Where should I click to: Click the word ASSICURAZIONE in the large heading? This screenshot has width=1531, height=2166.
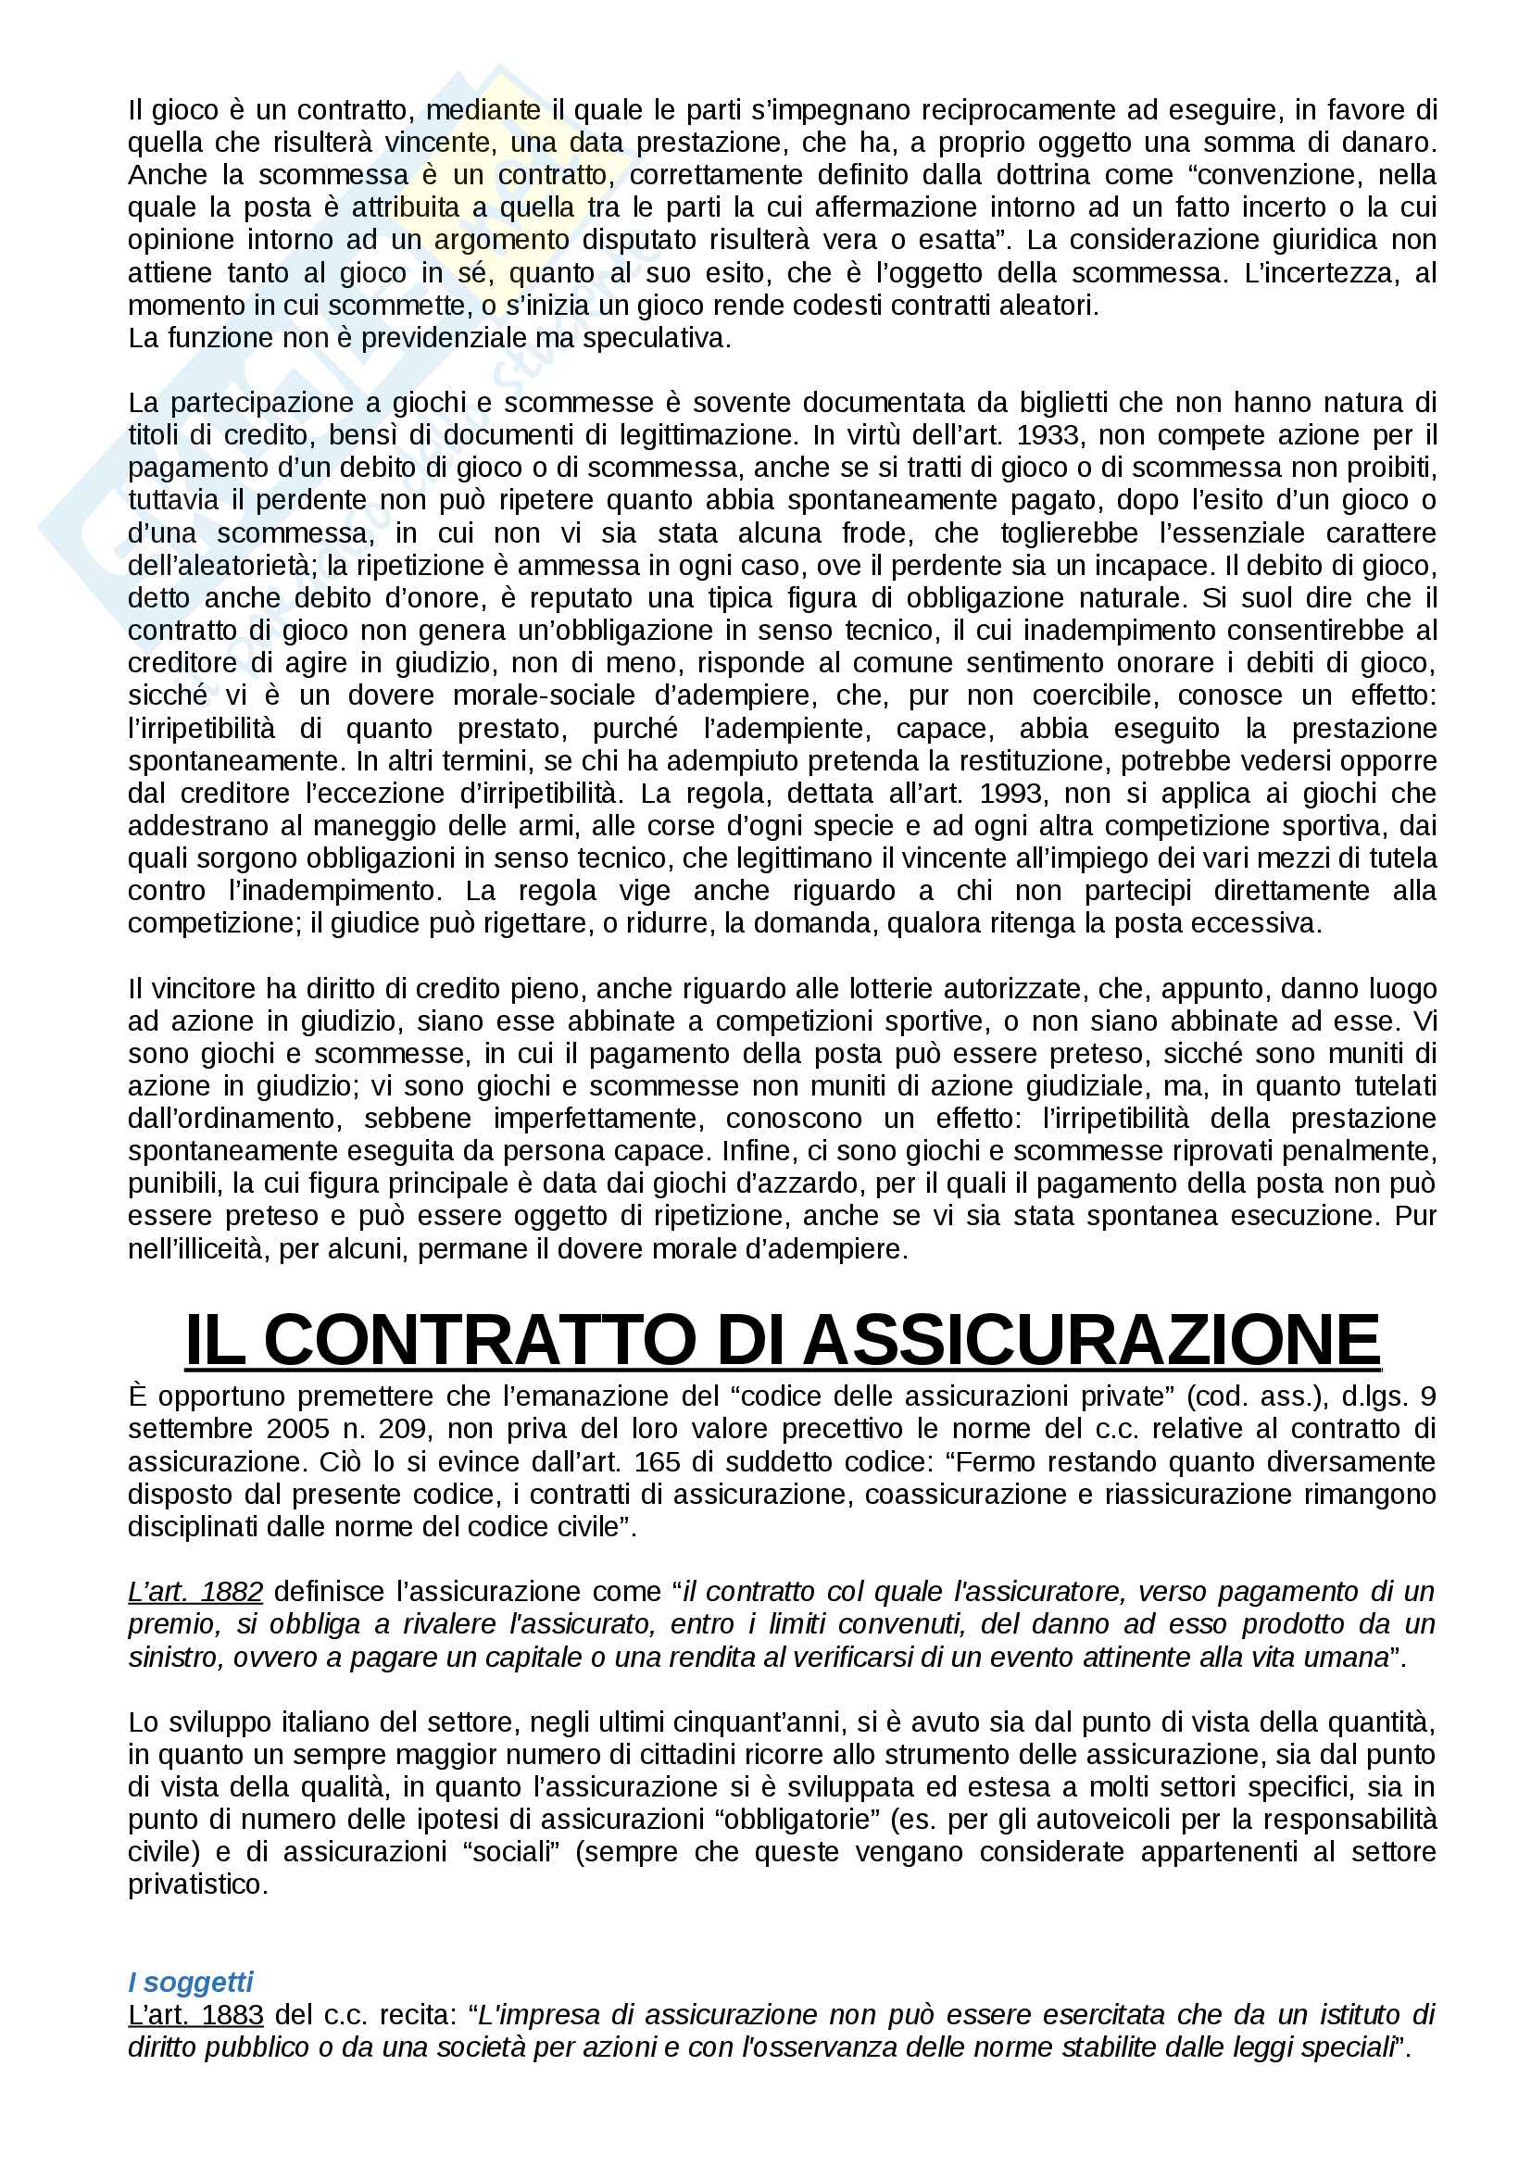pos(1091,1341)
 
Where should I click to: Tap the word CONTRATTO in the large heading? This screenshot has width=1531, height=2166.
pos(479,1341)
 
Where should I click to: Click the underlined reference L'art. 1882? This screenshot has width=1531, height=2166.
pos(195,1592)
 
